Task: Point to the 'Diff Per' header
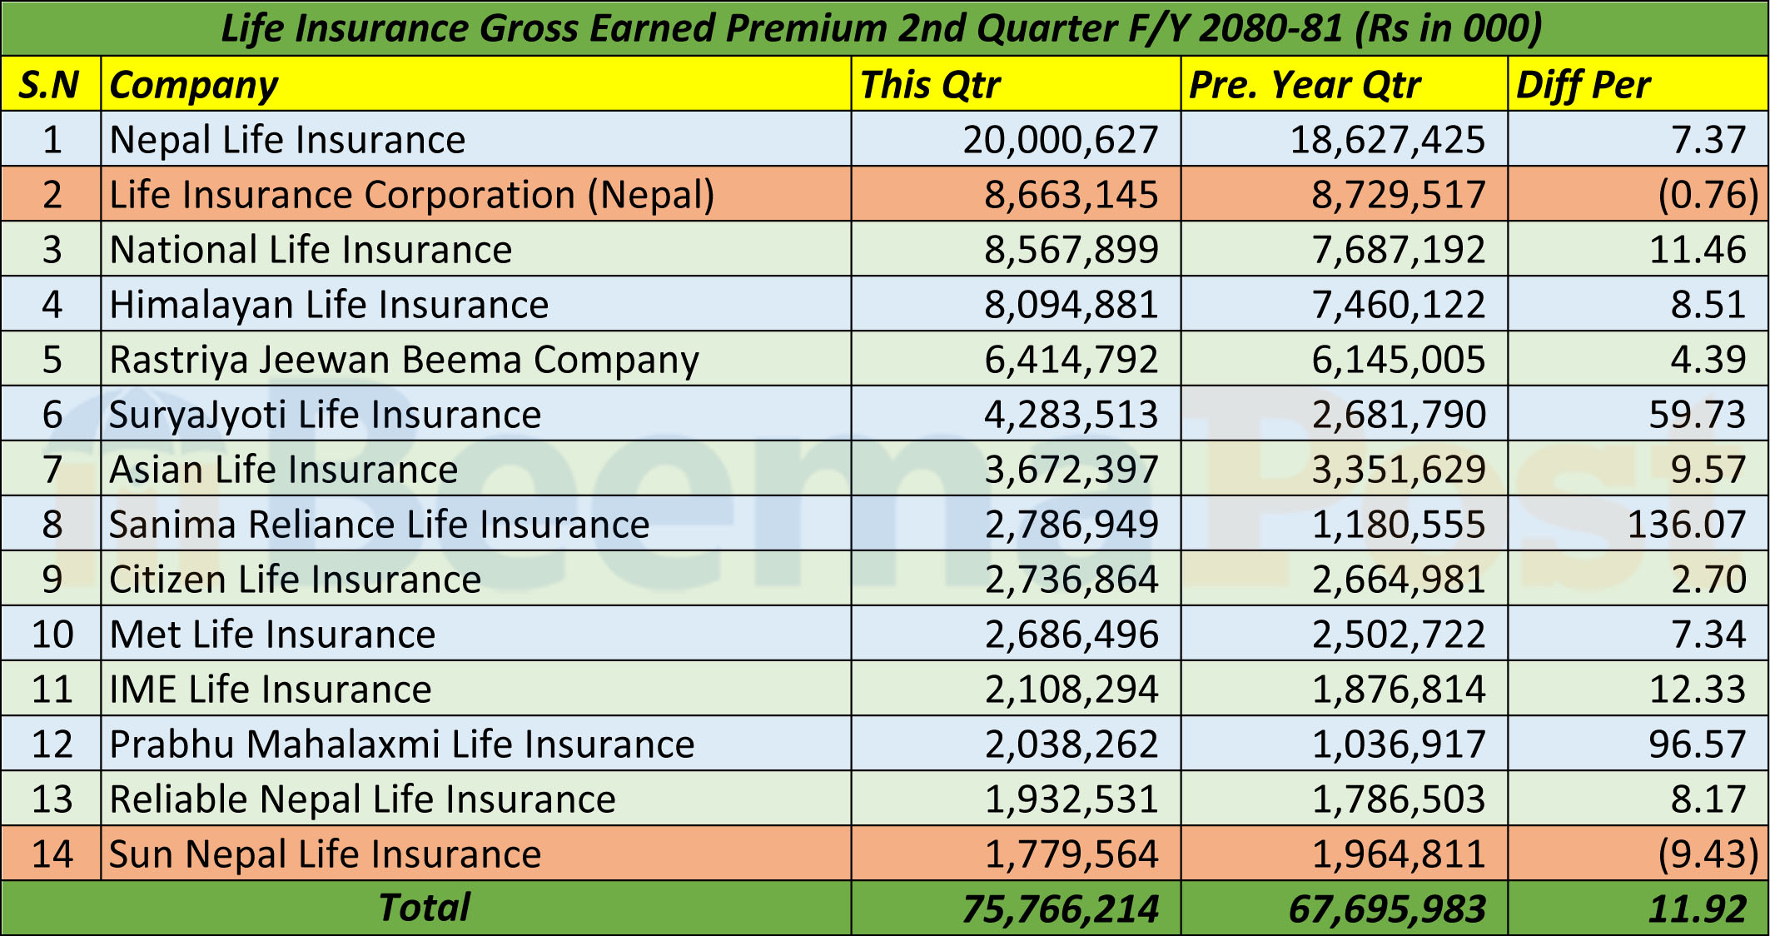pos(1583,85)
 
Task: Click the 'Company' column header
pos(193,85)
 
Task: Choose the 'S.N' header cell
pos(49,85)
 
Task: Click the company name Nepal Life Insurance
pos(287,140)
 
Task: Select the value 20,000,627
pos(1060,140)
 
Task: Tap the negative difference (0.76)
pos(1708,195)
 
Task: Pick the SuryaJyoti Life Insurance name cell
pos(325,415)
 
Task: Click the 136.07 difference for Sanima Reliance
pos(1685,525)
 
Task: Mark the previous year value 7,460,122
pos(1398,305)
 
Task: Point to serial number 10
pos(52,635)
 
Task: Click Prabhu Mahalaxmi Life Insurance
pos(401,744)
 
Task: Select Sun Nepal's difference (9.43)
pos(1708,854)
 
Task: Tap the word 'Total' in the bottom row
pos(425,908)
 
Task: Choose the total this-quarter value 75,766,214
pos(1060,909)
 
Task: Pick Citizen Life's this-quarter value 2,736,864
pos(1071,580)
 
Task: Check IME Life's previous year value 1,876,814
pos(1398,690)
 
